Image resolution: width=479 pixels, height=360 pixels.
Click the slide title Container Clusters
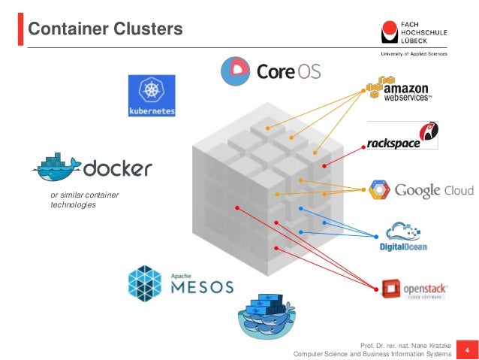105,29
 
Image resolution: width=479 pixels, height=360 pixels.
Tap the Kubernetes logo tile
152,95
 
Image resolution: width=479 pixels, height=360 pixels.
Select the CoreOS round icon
235,71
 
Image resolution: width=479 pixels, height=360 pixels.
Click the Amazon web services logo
398,89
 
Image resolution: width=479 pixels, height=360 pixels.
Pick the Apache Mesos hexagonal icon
145,283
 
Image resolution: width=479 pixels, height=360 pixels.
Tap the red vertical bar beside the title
20,29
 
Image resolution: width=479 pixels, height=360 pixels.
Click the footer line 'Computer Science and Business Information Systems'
372,354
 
